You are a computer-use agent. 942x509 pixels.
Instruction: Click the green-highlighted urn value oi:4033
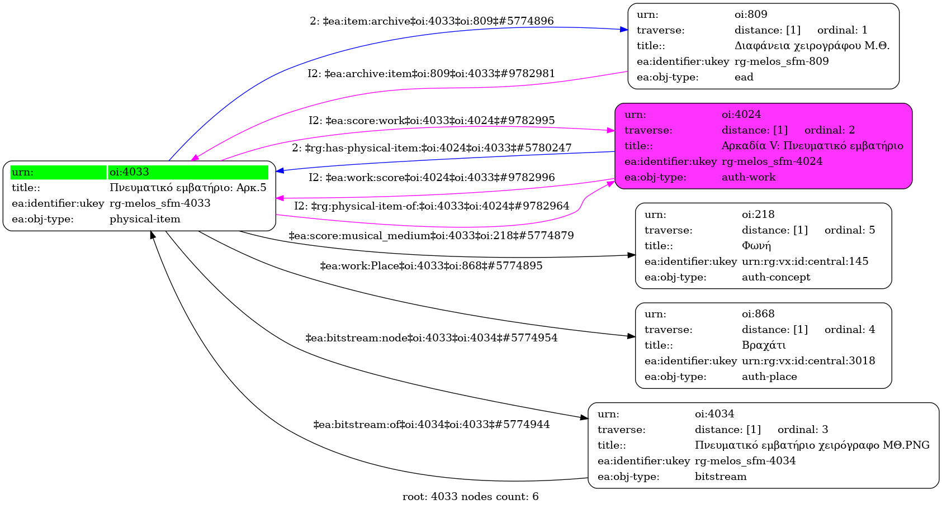pyautogui.click(x=129, y=172)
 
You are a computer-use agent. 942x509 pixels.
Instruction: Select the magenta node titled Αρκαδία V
pyautogui.click(x=763, y=146)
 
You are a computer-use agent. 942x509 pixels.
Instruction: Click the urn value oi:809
pyautogui.click(x=751, y=15)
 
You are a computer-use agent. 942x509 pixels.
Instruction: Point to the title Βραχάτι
pyautogui.click(x=764, y=345)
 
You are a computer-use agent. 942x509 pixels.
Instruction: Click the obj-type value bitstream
pyautogui.click(x=720, y=477)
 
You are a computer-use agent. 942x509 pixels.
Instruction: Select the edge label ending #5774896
pyautogui.click(x=432, y=21)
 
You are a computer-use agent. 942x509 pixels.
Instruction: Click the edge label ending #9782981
pyautogui.click(x=431, y=74)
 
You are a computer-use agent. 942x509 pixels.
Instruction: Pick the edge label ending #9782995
pyautogui.click(x=432, y=121)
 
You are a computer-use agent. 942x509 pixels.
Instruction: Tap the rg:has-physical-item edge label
pyautogui.click(x=432, y=148)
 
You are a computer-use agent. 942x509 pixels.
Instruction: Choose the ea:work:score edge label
pyautogui.click(x=432, y=178)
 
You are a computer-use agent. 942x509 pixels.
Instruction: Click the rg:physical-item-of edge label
pyautogui.click(x=432, y=206)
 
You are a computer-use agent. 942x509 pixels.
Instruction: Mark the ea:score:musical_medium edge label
pyautogui.click(x=431, y=236)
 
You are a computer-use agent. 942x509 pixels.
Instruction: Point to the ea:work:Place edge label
pyautogui.click(x=431, y=266)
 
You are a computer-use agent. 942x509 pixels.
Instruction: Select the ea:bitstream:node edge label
pyautogui.click(x=431, y=338)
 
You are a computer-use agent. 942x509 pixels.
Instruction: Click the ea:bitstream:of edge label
pyautogui.click(x=431, y=425)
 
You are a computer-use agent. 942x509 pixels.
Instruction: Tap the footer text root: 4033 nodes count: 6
pyautogui.click(x=470, y=497)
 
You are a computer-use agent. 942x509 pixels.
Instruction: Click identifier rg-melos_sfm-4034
pyautogui.click(x=745, y=461)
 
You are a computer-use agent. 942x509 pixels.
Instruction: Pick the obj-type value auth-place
pyautogui.click(x=769, y=377)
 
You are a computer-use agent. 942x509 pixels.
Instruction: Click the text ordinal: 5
pyautogui.click(x=849, y=230)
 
